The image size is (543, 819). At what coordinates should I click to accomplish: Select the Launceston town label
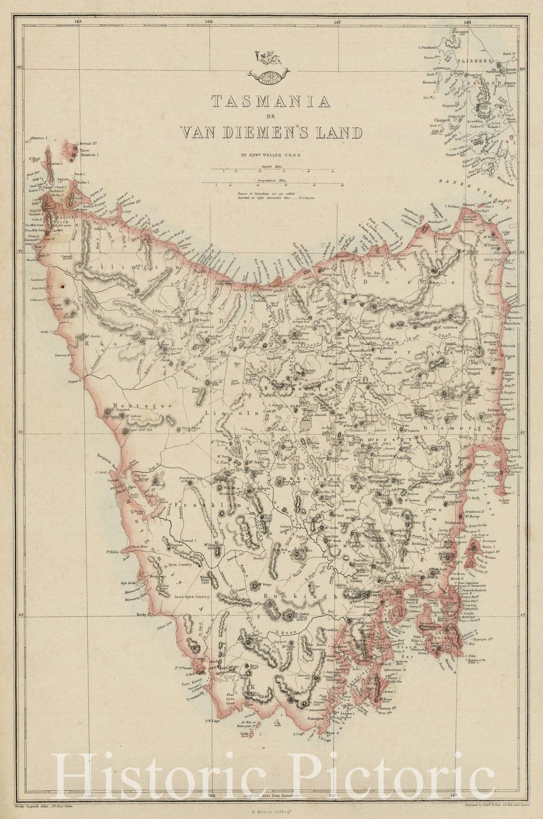click(371, 338)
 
